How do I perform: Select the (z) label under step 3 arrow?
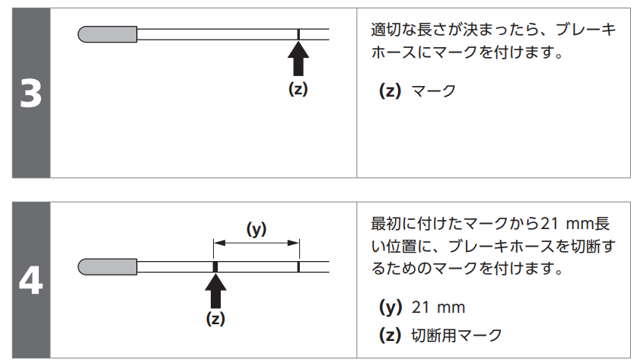(298, 88)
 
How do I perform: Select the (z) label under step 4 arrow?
(216, 319)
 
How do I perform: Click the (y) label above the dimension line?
(257, 228)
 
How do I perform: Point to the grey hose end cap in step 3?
(107, 34)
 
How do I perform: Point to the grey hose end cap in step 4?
(107, 266)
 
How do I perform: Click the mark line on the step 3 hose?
(299, 34)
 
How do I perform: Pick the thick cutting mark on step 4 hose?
(215, 266)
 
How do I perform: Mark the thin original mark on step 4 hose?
(299, 266)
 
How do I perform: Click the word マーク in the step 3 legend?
(433, 91)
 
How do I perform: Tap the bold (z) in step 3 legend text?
(390, 91)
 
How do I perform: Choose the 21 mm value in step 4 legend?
(438, 307)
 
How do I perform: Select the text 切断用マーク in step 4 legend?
(457, 335)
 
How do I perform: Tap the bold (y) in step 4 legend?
(390, 307)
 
